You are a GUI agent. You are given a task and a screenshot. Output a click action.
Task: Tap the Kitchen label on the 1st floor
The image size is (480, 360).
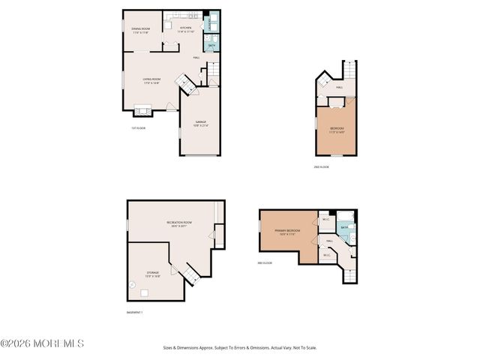click(186, 30)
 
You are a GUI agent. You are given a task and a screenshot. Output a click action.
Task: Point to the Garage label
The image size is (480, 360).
click(201, 123)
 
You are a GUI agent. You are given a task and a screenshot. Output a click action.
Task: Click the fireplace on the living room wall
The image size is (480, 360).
click(142, 112)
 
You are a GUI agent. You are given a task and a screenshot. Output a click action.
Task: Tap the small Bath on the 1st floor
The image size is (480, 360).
click(212, 46)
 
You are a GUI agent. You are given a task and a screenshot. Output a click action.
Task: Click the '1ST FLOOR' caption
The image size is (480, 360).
click(138, 128)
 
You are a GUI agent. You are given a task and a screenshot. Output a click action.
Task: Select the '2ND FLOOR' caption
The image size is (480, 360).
click(322, 166)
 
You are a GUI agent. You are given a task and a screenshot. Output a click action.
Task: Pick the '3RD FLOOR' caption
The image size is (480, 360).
click(263, 262)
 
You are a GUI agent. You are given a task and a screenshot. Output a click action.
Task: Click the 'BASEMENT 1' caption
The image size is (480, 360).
click(136, 311)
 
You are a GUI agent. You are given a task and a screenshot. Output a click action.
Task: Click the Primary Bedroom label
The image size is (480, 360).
click(287, 232)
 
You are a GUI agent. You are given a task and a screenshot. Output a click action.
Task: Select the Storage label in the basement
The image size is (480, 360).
click(152, 274)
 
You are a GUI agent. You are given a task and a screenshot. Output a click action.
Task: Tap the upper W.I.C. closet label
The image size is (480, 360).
click(326, 220)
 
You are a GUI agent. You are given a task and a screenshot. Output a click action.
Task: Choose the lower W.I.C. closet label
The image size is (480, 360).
click(327, 255)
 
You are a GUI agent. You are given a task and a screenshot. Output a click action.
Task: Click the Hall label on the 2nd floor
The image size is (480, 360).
click(339, 88)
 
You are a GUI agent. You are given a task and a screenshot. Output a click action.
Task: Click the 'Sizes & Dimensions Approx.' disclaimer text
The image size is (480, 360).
click(240, 348)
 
